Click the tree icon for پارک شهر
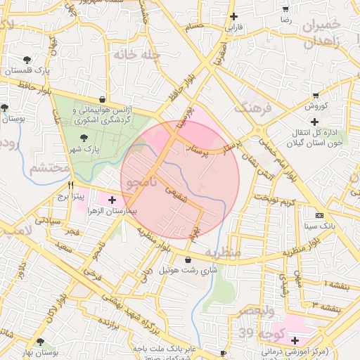click(x=84, y=138)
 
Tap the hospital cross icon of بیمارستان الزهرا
click(x=112, y=200)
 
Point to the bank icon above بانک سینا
click(x=321, y=214)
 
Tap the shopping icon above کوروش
click(x=315, y=95)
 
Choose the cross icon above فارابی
click(x=233, y=16)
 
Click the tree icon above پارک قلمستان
click(x=27, y=60)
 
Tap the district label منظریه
click(x=224, y=252)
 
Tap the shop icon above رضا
click(x=285, y=9)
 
